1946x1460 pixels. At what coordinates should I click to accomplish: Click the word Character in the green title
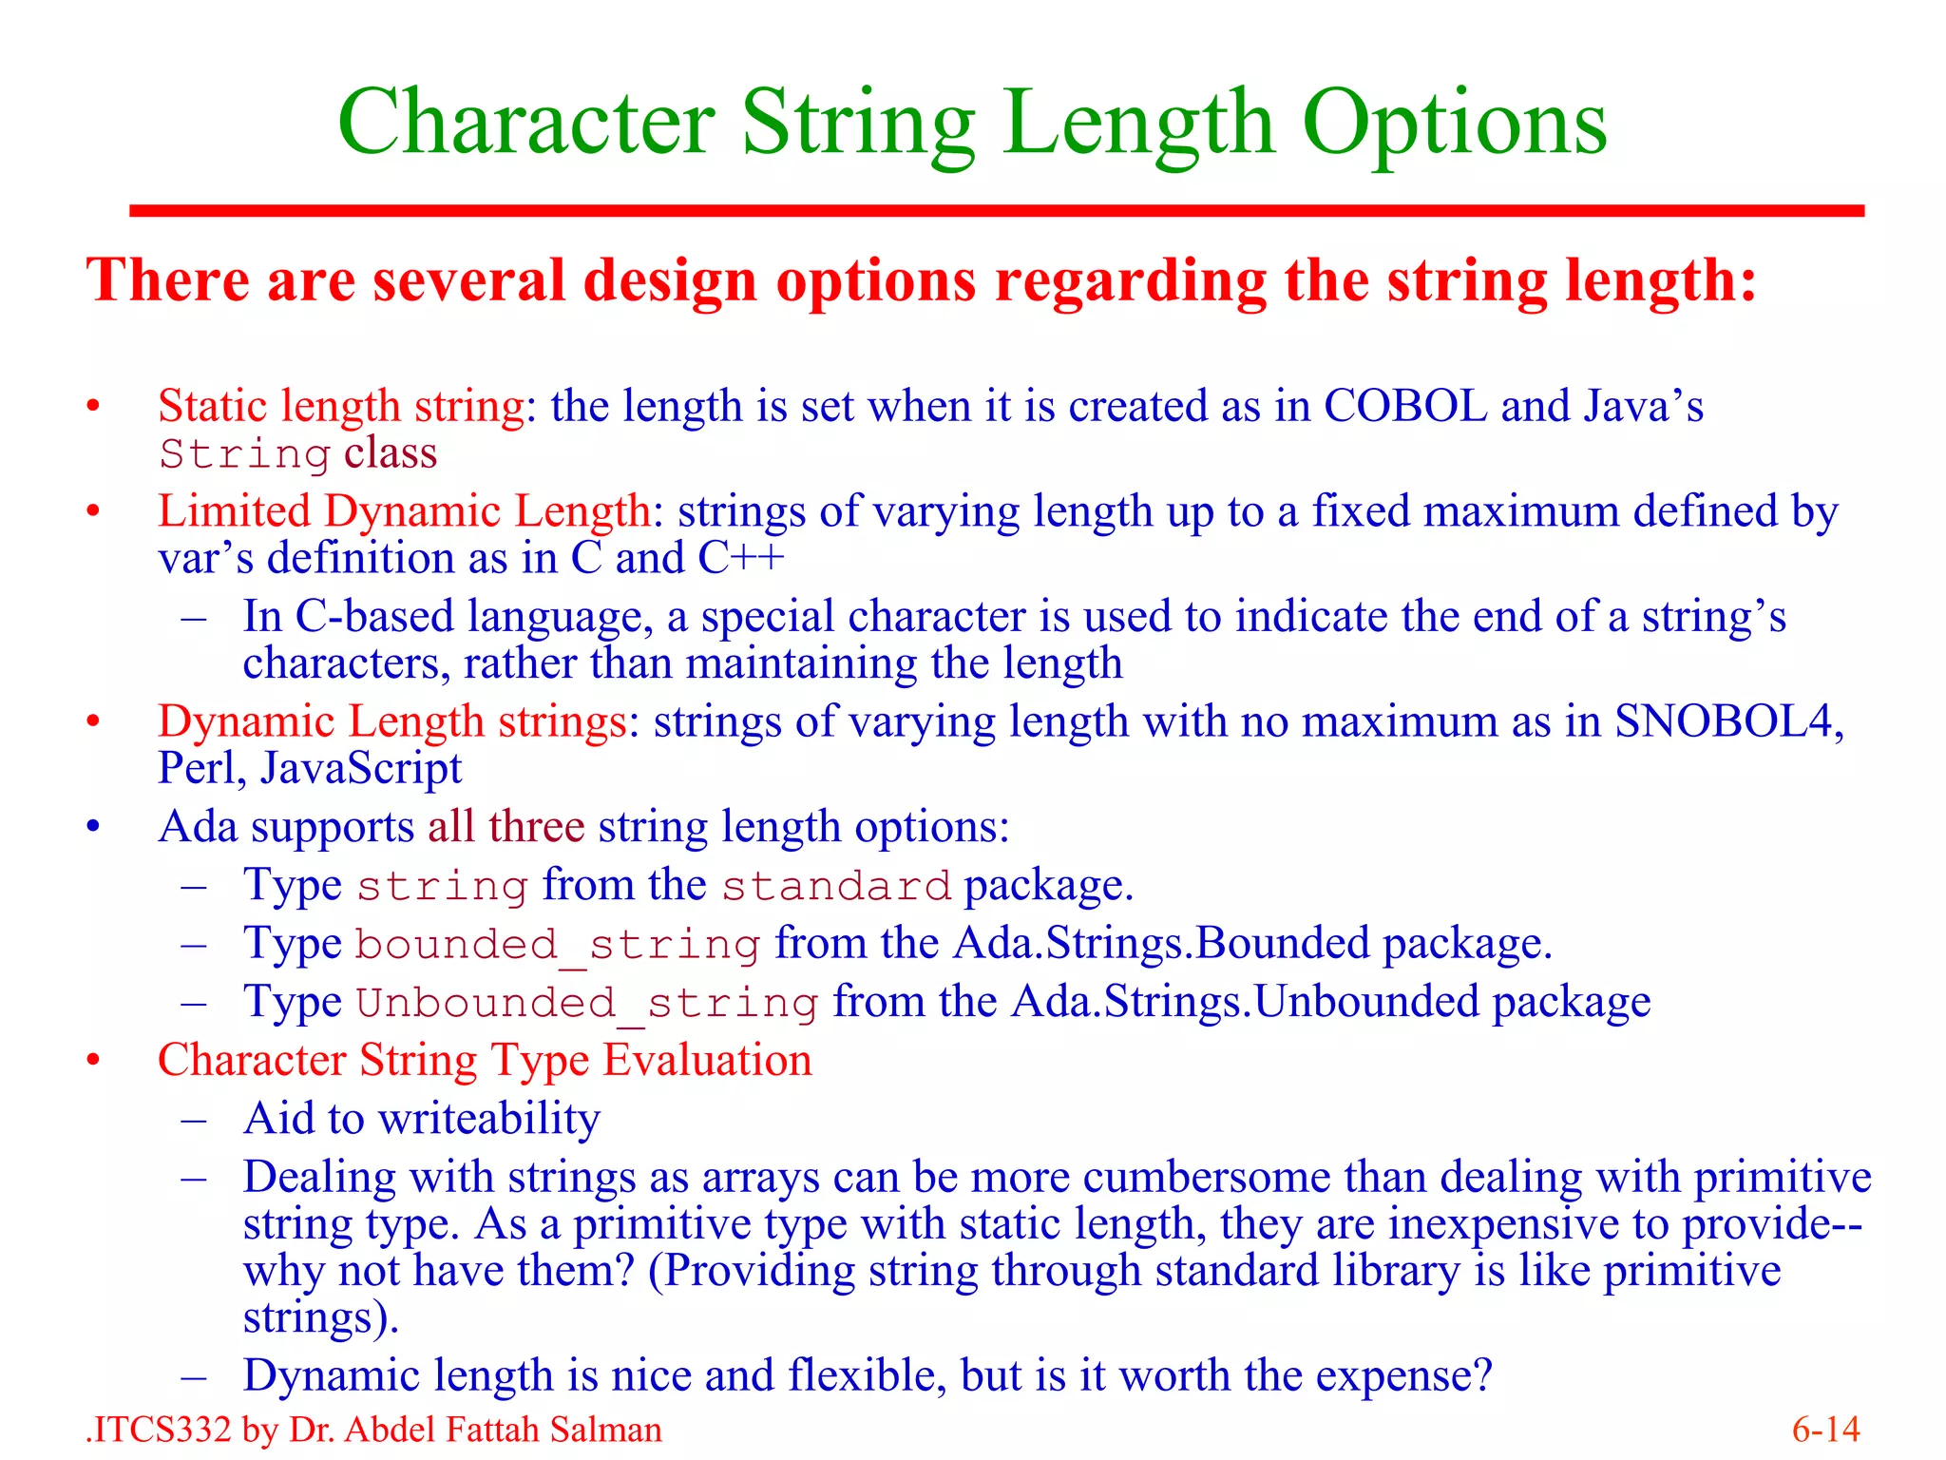(526, 123)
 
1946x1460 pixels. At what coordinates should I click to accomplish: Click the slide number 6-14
(1825, 1430)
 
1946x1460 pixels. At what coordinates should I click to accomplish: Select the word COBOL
(1405, 407)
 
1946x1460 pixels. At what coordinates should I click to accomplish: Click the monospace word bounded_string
(558, 945)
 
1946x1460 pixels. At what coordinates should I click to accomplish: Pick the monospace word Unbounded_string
(586, 1004)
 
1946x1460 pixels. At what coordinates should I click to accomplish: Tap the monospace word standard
(836, 887)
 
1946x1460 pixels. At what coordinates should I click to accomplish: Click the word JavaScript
(361, 769)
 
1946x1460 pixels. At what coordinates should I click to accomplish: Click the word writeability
(489, 1120)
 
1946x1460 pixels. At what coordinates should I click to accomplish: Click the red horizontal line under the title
(997, 211)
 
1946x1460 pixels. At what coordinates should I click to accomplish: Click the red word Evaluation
(708, 1061)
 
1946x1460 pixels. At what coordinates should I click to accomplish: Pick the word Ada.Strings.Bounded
(1163, 945)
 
